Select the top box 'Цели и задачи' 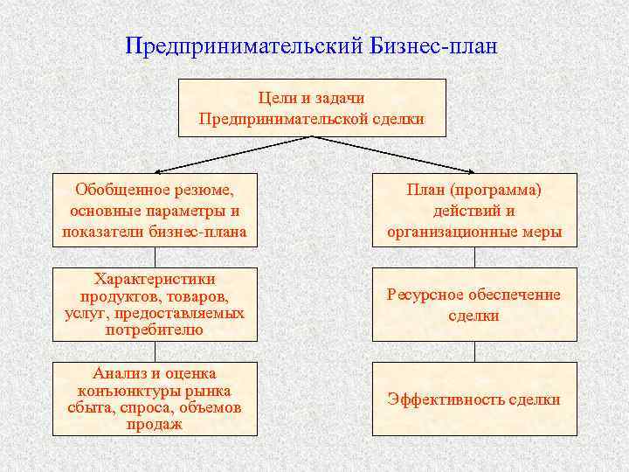coord(312,108)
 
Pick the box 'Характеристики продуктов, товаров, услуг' coord(155,304)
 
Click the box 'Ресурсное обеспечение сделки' coord(474,304)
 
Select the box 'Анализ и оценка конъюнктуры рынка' coord(155,399)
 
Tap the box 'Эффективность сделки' coord(474,399)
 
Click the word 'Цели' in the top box coord(276,98)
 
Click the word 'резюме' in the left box coord(203,189)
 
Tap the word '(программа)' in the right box coord(501,189)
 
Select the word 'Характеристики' coord(155,279)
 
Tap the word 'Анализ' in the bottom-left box coord(113,373)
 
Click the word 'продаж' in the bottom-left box coord(155,425)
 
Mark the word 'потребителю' coord(155,330)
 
